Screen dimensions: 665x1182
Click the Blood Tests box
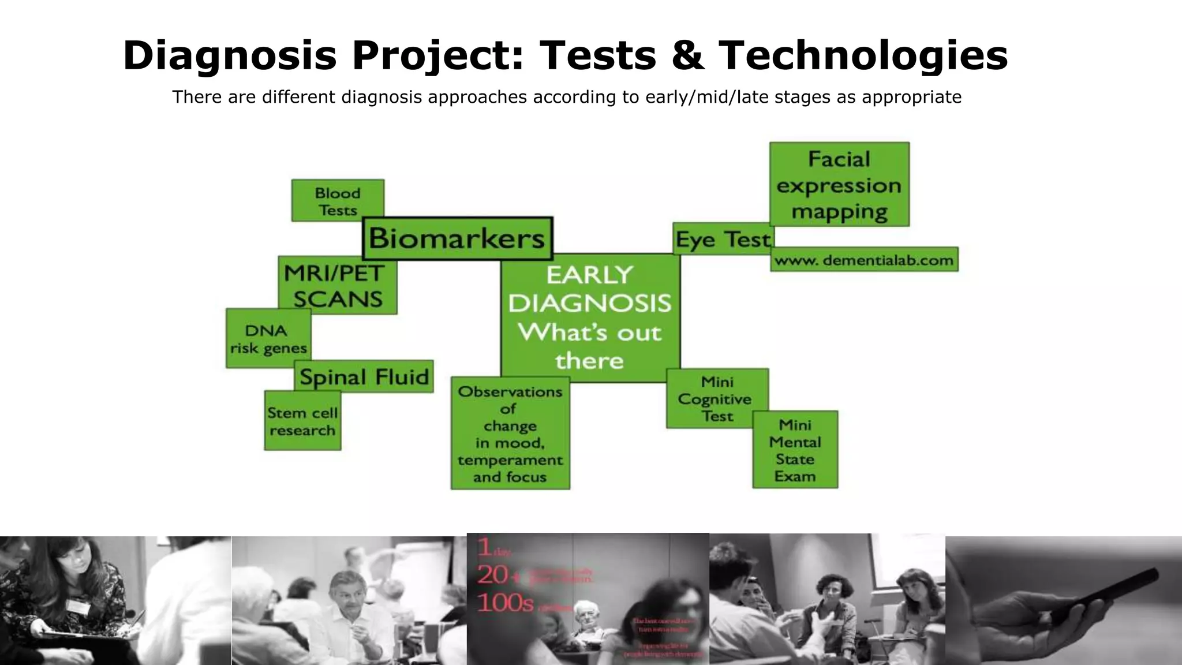point(338,201)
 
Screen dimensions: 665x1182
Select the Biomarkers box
point(457,238)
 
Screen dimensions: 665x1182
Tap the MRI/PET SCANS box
point(338,286)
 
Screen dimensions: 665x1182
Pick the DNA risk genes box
point(268,339)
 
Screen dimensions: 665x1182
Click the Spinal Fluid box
point(364,377)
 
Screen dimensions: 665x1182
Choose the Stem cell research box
point(302,421)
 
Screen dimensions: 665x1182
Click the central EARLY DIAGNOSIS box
point(590,317)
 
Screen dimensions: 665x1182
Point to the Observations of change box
point(510,434)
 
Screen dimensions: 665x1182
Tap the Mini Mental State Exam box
point(795,450)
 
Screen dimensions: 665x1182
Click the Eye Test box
point(723,239)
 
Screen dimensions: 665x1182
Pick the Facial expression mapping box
point(839,185)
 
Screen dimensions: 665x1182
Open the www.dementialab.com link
point(864,260)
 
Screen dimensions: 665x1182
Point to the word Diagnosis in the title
point(229,56)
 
